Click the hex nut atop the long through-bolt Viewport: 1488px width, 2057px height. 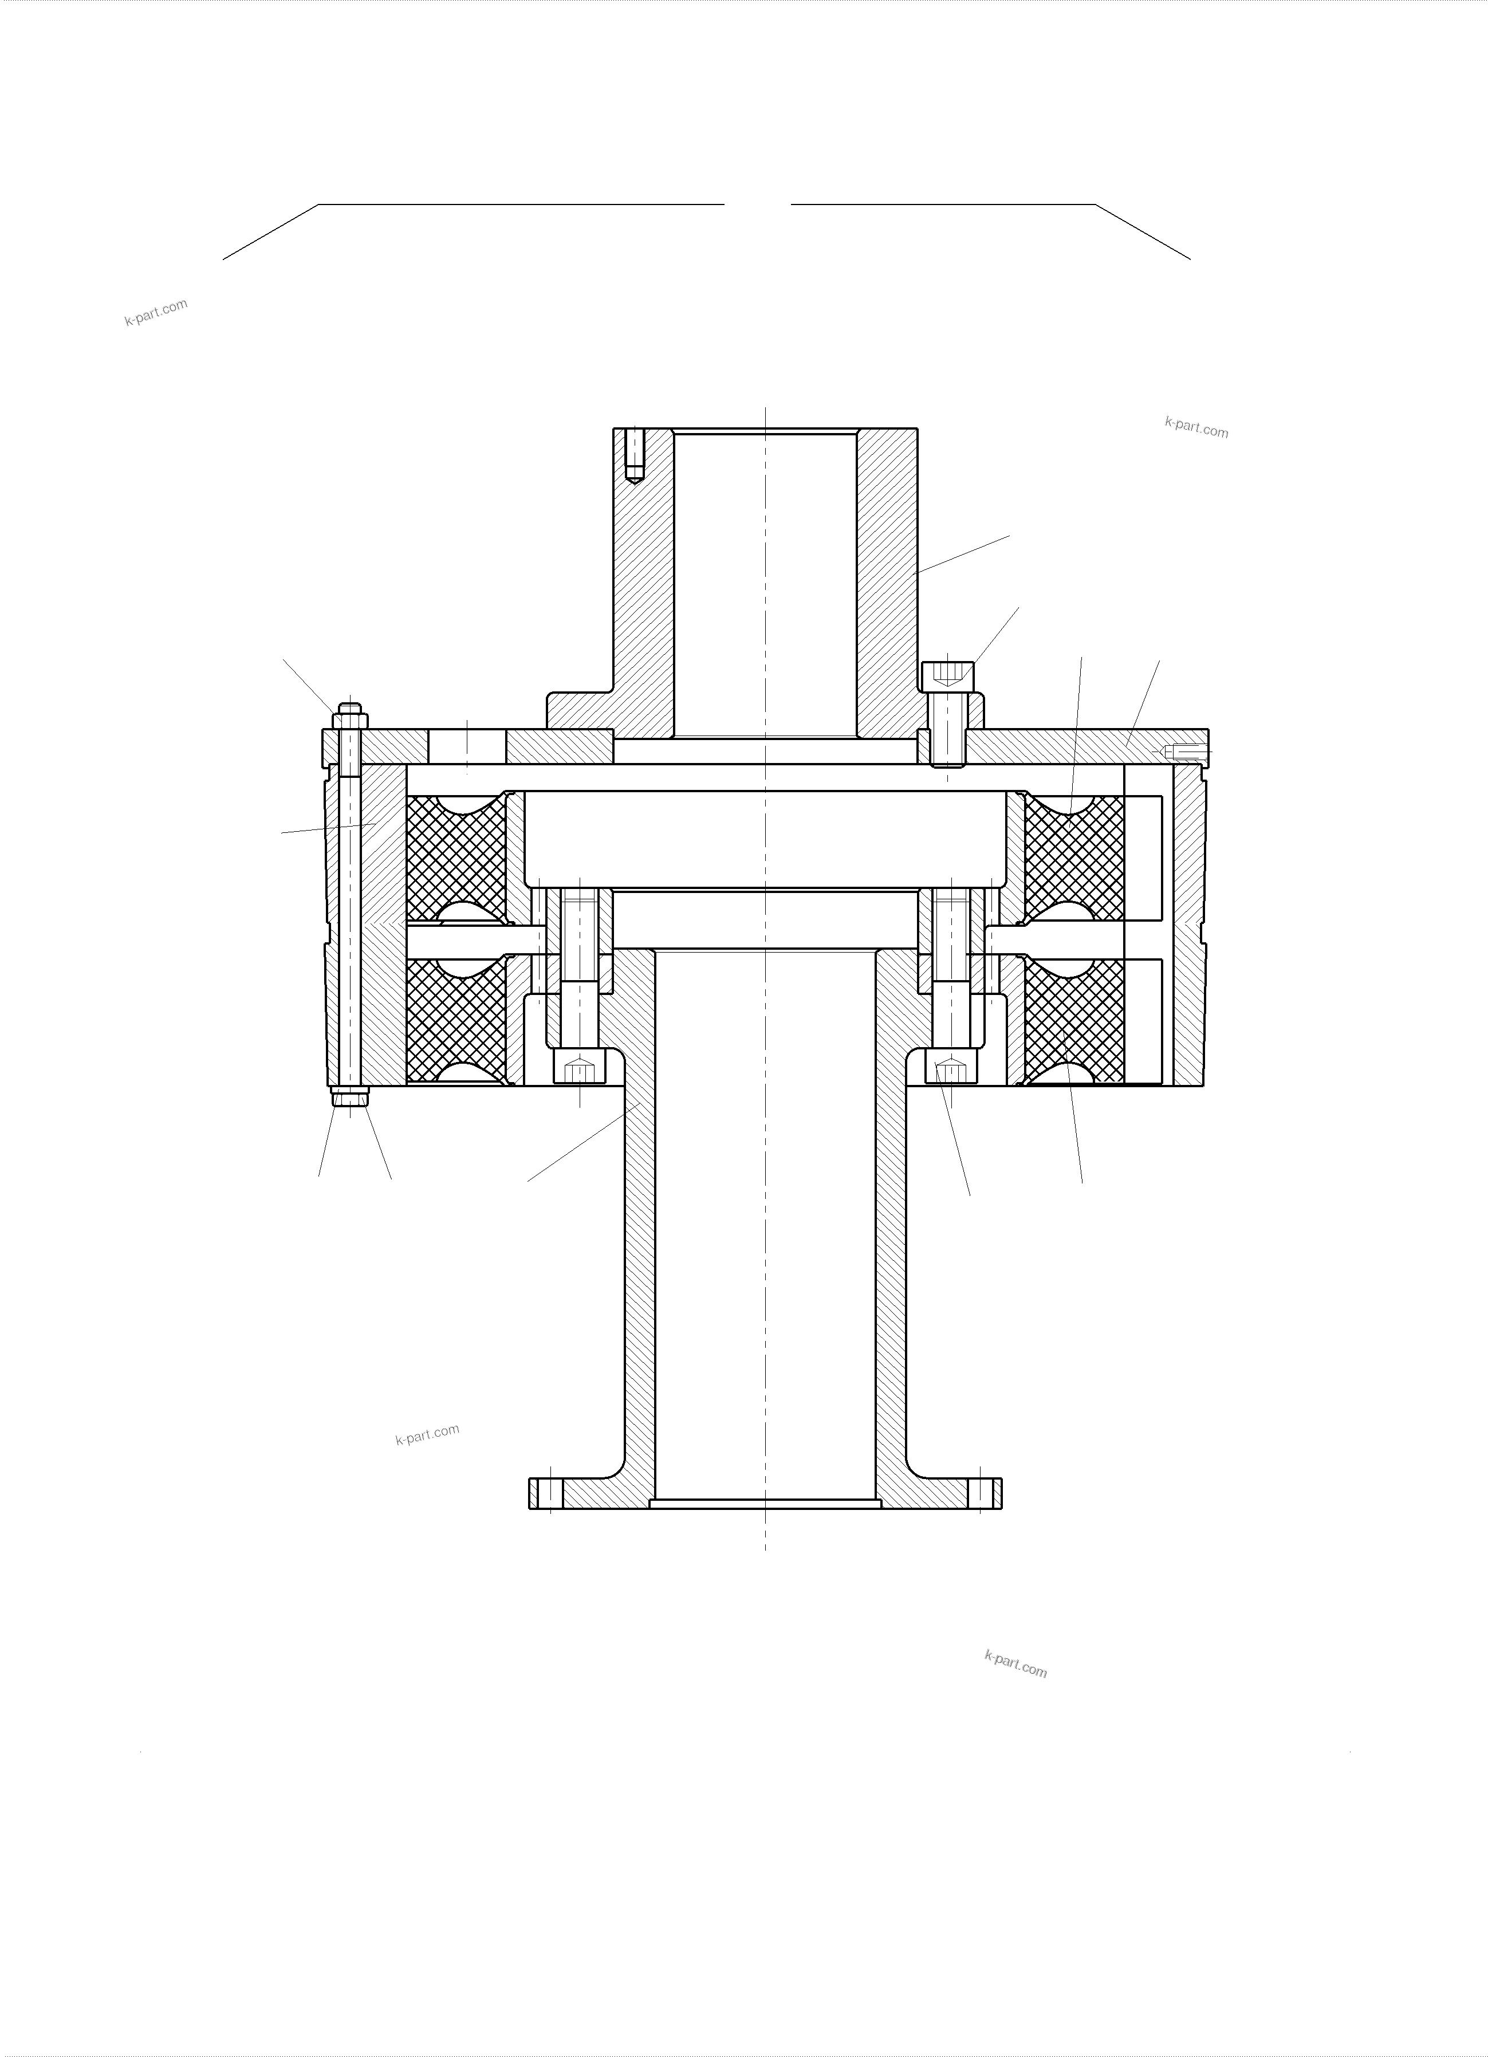point(350,721)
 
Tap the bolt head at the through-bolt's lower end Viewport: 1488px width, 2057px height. point(350,1098)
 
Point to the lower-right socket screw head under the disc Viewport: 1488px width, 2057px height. point(951,1070)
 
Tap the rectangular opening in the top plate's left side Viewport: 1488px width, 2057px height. point(467,746)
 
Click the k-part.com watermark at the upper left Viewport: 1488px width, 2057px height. point(156,312)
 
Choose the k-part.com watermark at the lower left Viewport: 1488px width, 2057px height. point(427,1434)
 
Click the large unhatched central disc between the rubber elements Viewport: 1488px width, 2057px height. point(765,839)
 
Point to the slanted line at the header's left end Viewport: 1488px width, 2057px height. point(270,232)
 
